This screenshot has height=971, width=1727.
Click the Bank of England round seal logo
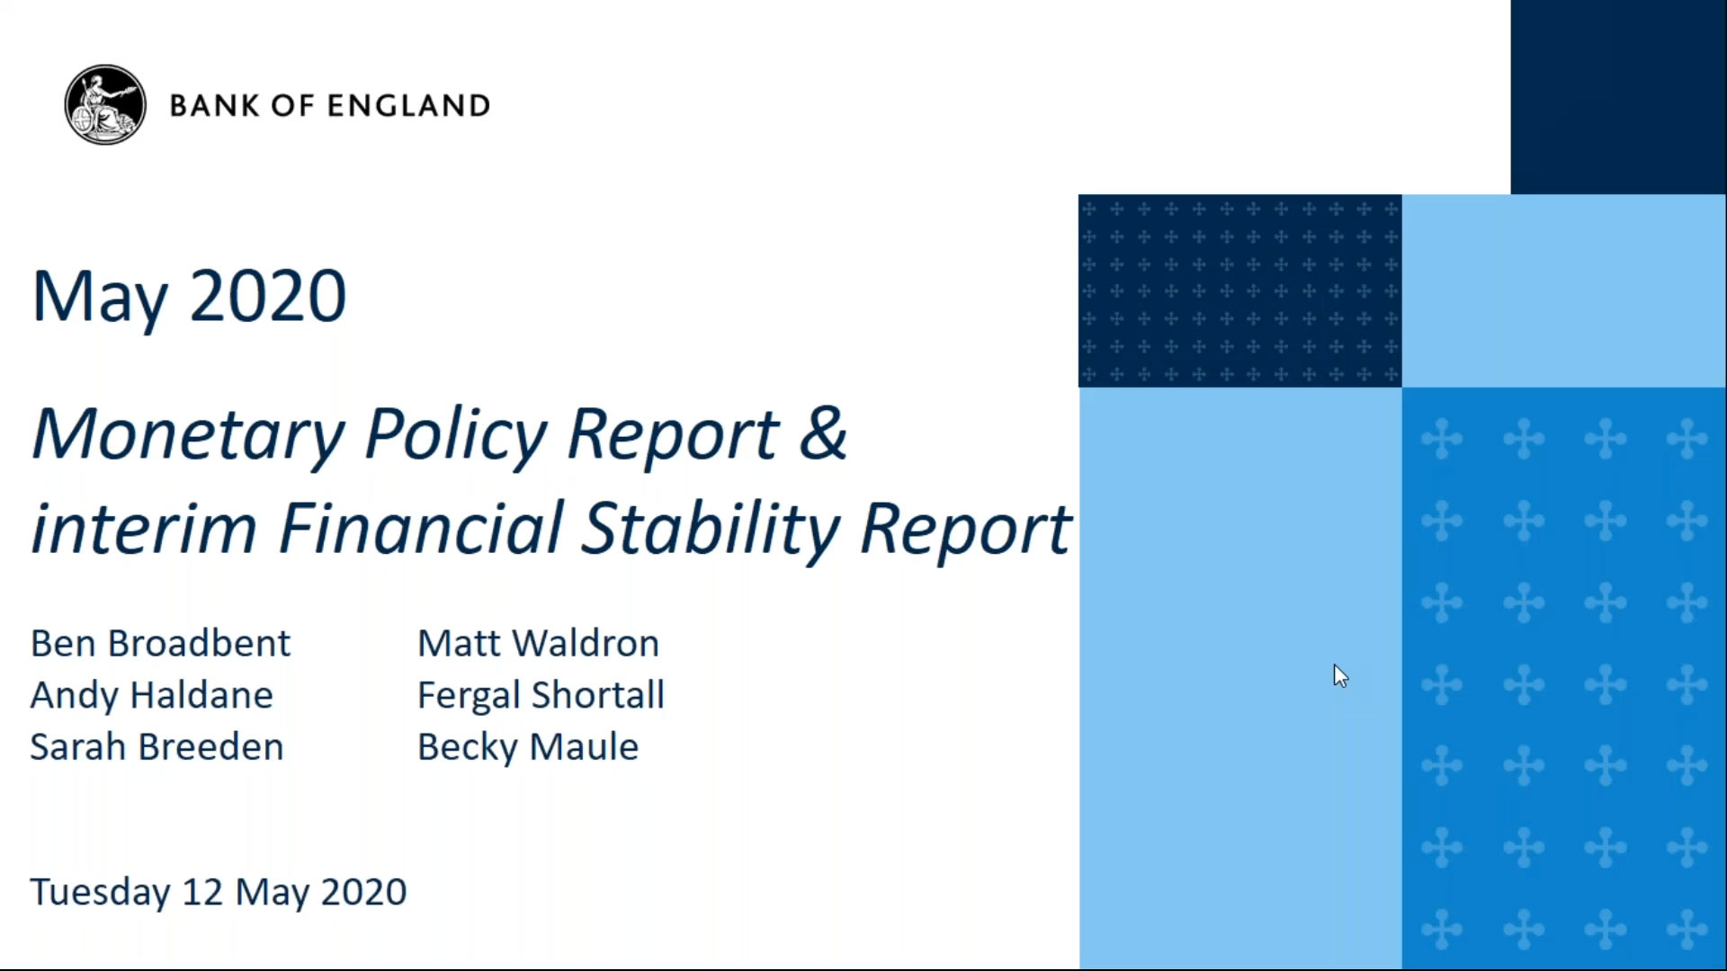(x=105, y=105)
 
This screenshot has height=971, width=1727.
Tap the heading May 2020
(x=189, y=297)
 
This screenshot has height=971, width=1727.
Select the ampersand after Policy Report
(x=822, y=433)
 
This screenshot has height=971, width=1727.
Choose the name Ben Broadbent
(x=160, y=644)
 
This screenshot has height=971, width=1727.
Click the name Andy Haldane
(x=151, y=696)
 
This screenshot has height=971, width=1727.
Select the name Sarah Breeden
(x=157, y=747)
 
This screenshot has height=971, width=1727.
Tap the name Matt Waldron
(x=538, y=644)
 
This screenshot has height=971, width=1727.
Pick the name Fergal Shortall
(x=541, y=696)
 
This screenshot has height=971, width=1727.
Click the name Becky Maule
(x=528, y=747)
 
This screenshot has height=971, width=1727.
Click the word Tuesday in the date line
(x=100, y=893)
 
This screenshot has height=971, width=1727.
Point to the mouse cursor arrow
(x=1339, y=675)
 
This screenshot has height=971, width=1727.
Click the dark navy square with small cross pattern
(x=1239, y=290)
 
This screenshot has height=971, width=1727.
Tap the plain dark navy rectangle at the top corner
(x=1618, y=96)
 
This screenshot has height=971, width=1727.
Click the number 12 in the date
(x=202, y=892)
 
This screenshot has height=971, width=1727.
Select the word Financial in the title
(x=421, y=529)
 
